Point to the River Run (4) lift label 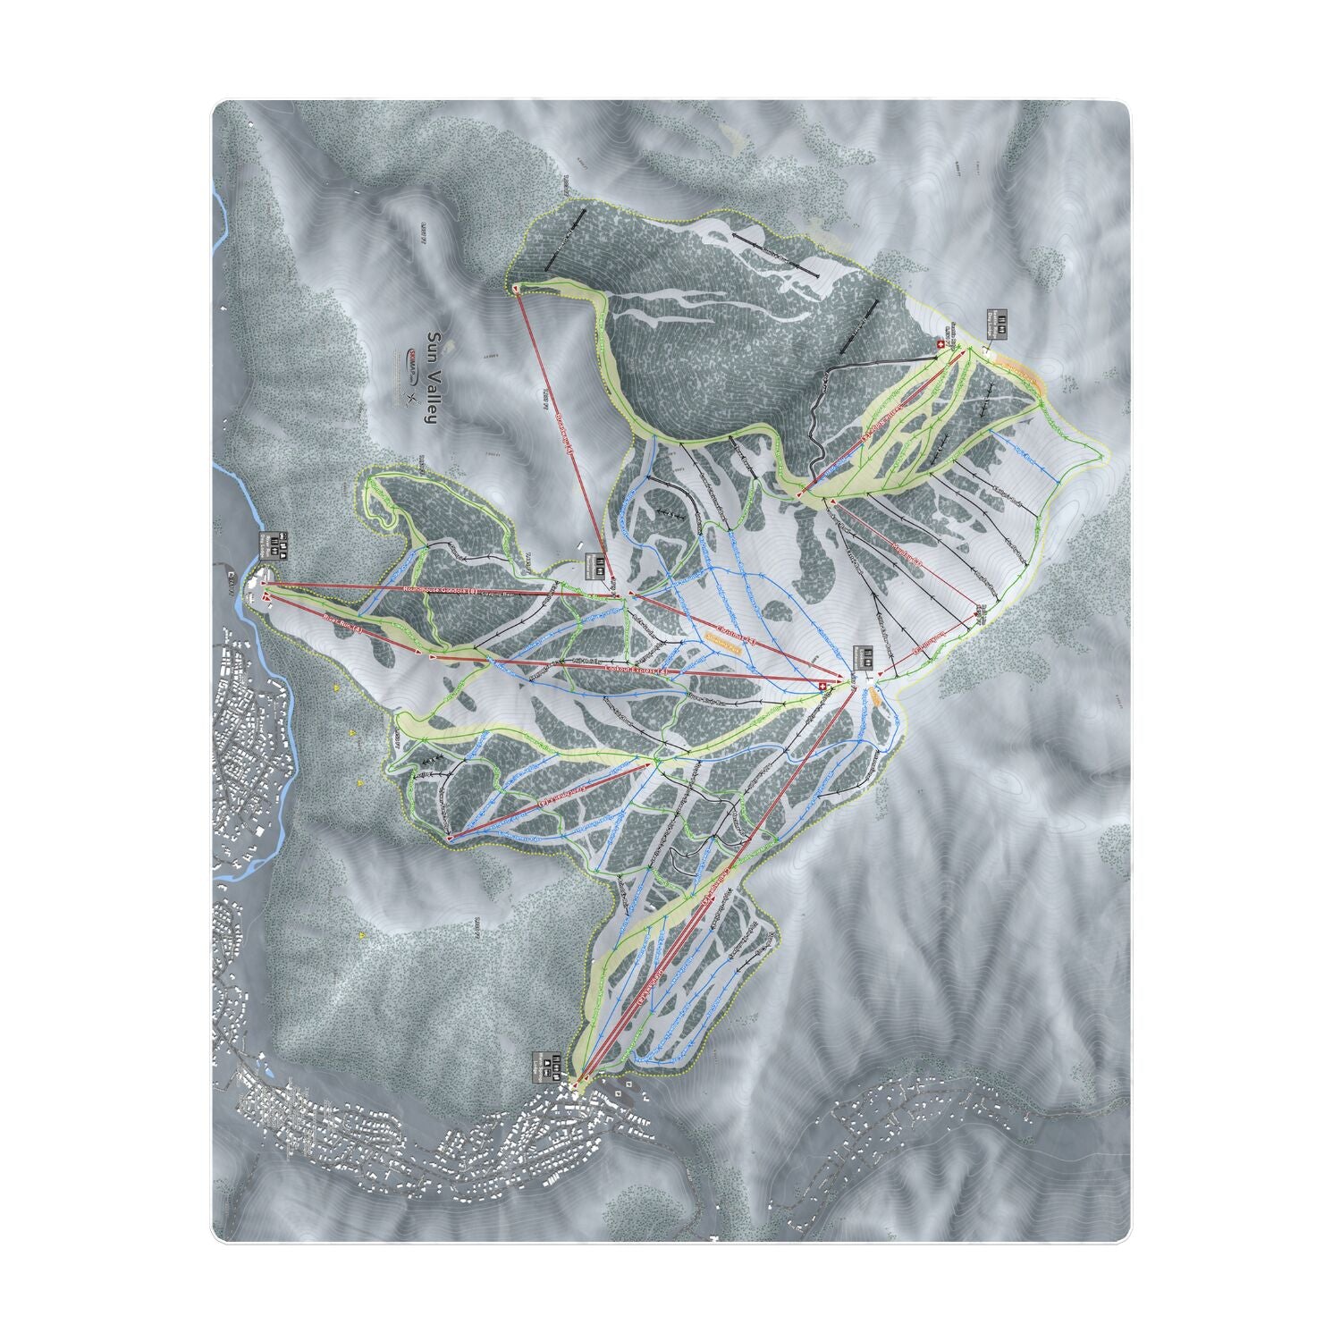[343, 625]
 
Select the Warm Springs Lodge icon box [549, 1065]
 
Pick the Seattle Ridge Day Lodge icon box [998, 323]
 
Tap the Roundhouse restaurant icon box [595, 566]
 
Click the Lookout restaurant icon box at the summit [862, 657]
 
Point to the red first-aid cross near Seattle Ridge [940, 343]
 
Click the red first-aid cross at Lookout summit [823, 686]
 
